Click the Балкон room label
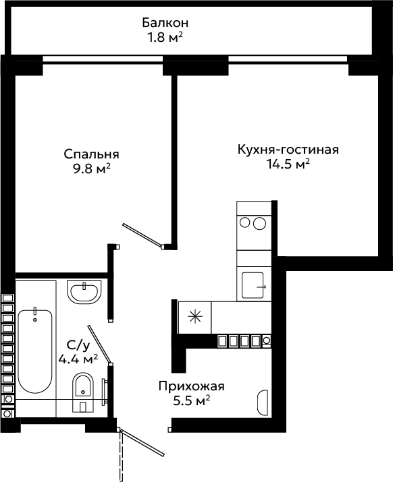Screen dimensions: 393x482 [165, 23]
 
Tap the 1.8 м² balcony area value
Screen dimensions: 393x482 [165, 38]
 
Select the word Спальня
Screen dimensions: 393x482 [91, 154]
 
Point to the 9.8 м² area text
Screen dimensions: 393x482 [91, 169]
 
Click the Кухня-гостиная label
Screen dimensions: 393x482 [288, 150]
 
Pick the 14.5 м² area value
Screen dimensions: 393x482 [288, 164]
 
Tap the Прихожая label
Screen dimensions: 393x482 [191, 386]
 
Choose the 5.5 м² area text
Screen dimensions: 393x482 [191, 400]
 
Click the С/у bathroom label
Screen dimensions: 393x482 [78, 346]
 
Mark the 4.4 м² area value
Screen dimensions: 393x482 [78, 359]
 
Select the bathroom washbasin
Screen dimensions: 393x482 [84, 291]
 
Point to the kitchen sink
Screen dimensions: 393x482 [253, 285]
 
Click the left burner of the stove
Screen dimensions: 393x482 [244, 222]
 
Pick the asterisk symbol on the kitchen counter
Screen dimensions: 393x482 [195, 317]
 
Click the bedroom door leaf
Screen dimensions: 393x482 [142, 235]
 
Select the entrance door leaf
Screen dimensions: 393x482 [142, 443]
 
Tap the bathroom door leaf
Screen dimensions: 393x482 [99, 344]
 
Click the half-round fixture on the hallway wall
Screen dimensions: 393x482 [263, 402]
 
